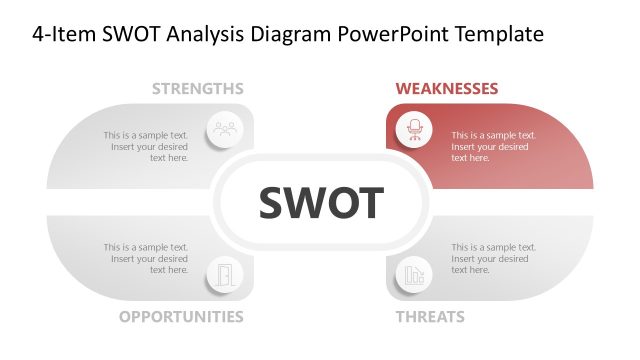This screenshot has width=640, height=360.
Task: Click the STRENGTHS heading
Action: [x=197, y=89]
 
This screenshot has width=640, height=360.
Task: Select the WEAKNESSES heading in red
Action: [x=447, y=89]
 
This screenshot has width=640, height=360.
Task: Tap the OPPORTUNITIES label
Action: [x=181, y=317]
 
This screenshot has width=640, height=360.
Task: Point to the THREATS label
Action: [x=430, y=317]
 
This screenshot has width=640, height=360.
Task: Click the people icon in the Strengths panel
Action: [x=224, y=129]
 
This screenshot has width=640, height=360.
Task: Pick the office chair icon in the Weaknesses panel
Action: [x=413, y=129]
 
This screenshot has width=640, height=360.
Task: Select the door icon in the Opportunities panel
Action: [x=224, y=274]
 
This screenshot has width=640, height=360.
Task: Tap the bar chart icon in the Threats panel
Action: [x=413, y=274]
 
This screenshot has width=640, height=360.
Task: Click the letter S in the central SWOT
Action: [x=272, y=204]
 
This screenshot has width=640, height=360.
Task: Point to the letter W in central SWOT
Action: [x=305, y=204]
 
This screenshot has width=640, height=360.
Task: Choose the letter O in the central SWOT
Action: [x=341, y=204]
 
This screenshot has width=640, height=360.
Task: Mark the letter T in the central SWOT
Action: [x=370, y=204]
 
